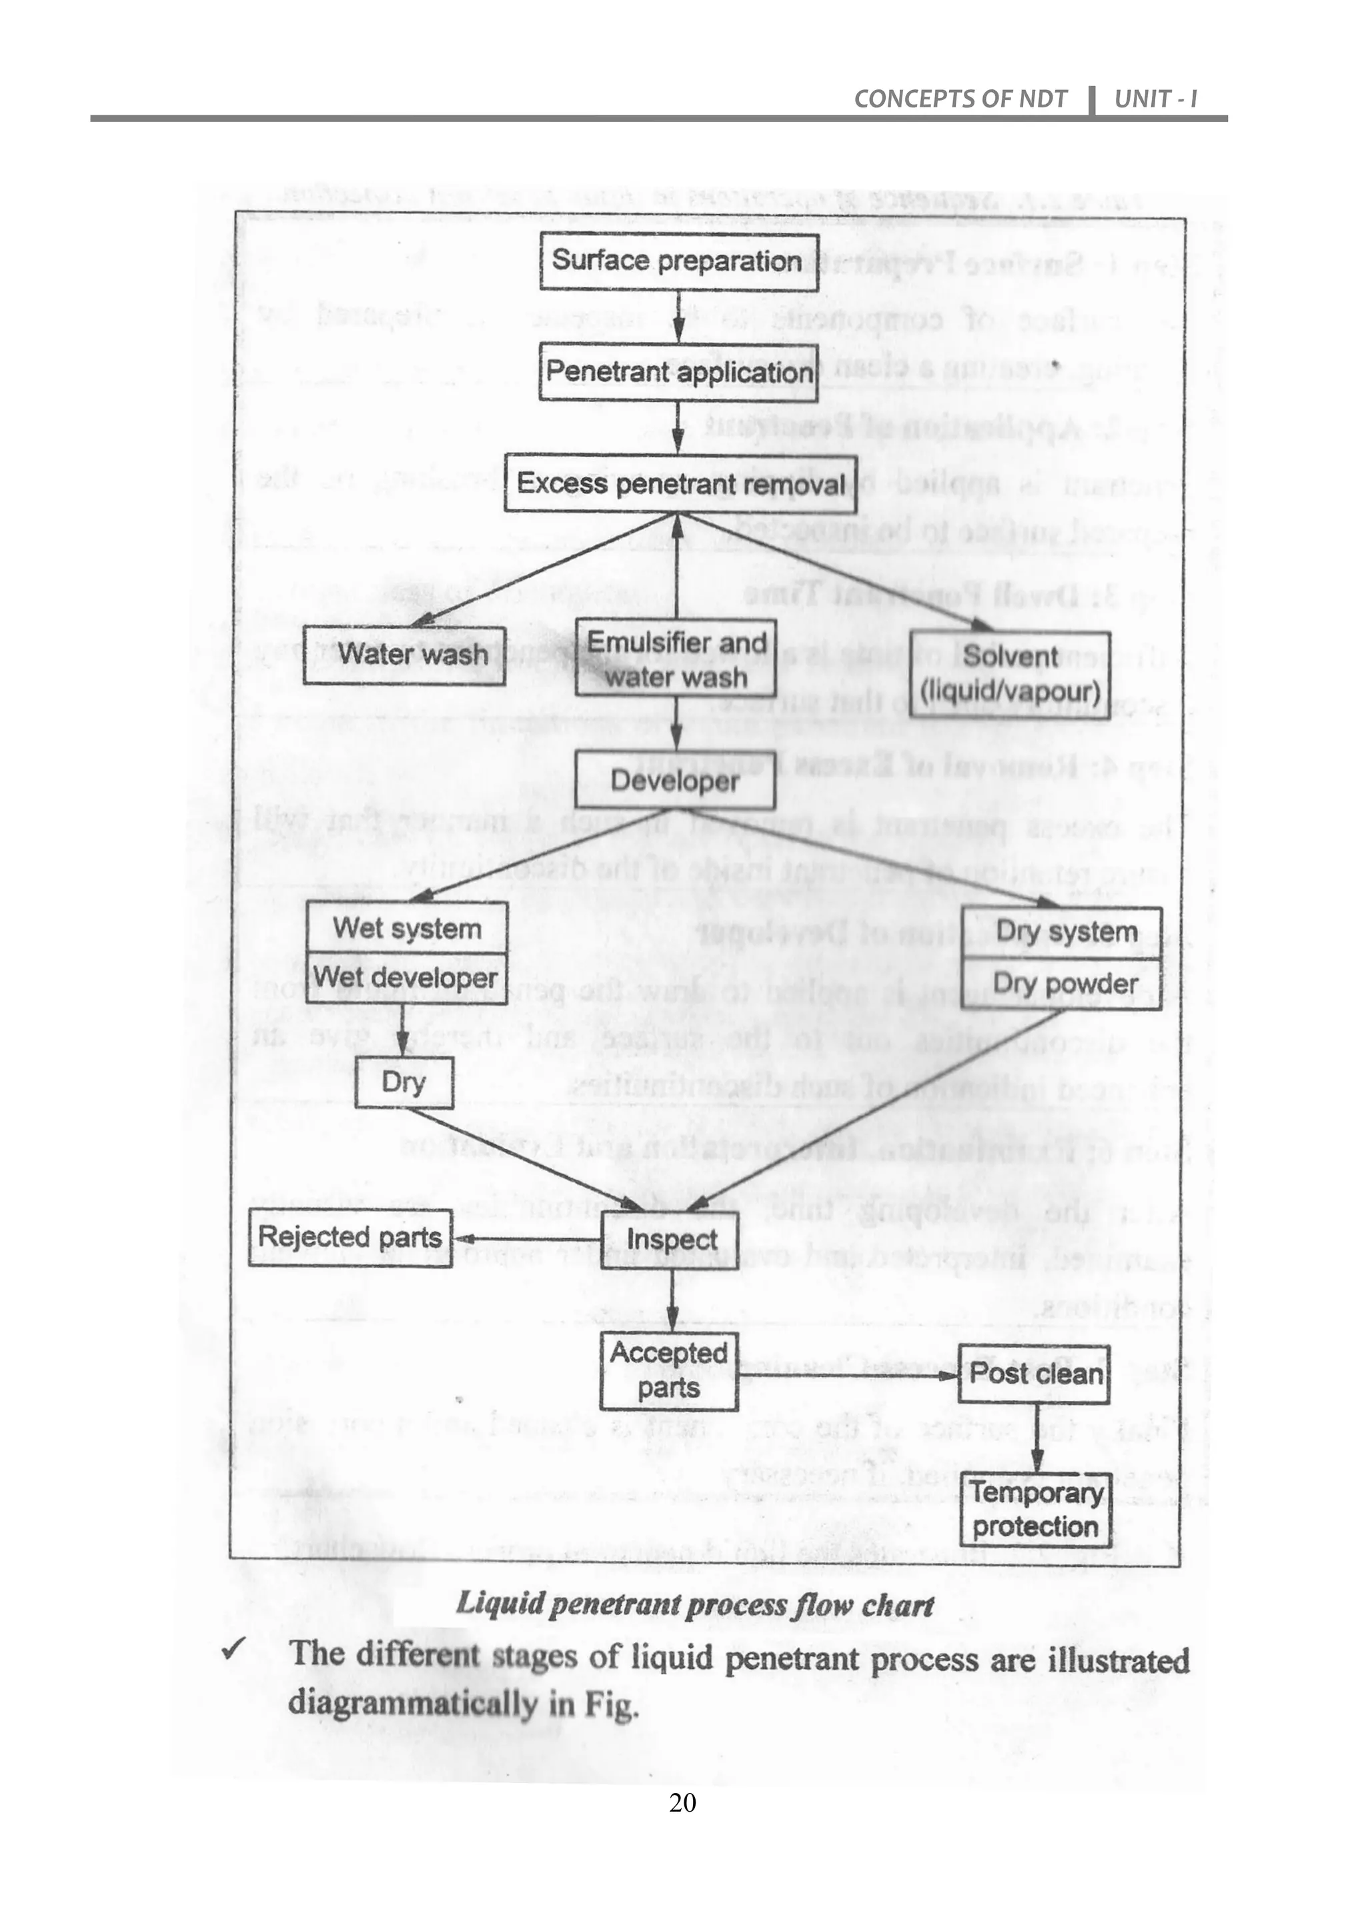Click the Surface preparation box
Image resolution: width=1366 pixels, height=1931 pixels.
pyautogui.click(x=678, y=261)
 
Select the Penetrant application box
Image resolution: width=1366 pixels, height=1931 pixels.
pyautogui.click(x=678, y=372)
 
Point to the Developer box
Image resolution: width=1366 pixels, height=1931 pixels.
pyautogui.click(x=674, y=781)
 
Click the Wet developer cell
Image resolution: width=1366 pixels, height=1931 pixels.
pyautogui.click(x=406, y=978)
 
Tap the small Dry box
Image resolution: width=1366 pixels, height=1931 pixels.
pyautogui.click(x=404, y=1082)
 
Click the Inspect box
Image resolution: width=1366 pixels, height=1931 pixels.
pyautogui.click(x=671, y=1239)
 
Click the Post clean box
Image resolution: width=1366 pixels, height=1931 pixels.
pyautogui.click(x=1034, y=1374)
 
